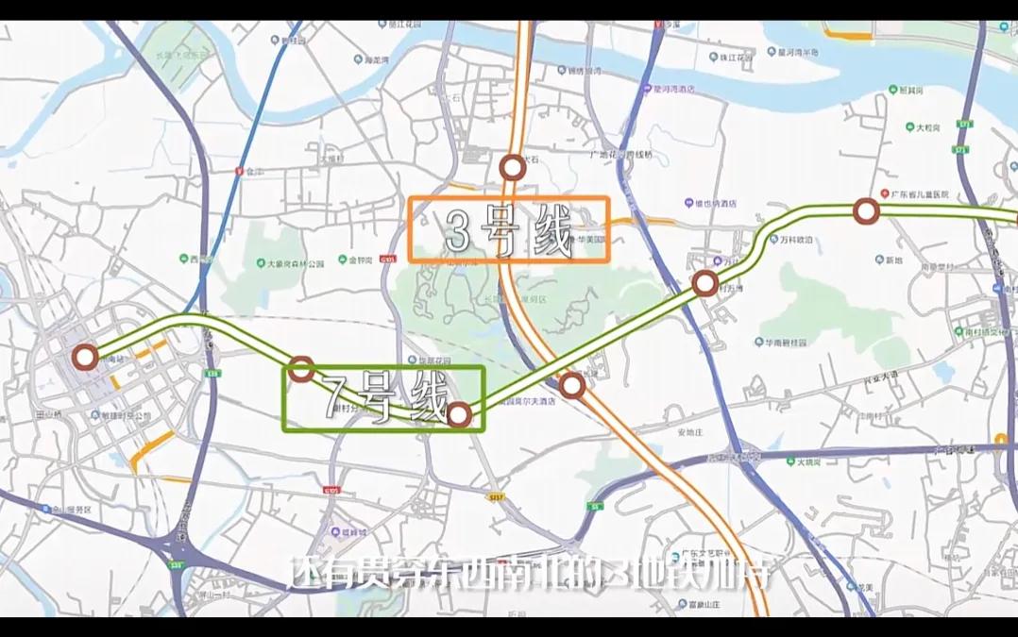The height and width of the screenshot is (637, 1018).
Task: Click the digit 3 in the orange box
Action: tap(456, 230)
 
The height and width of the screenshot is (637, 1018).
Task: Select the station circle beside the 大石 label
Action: tap(512, 168)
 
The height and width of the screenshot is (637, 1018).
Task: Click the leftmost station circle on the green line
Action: tap(85, 358)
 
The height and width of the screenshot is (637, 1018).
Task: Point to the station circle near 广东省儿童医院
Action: tap(865, 211)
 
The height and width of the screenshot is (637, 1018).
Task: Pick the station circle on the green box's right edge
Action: tap(459, 414)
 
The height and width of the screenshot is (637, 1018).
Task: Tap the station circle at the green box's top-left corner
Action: tap(301, 369)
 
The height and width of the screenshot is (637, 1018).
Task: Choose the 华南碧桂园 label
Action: tap(789, 342)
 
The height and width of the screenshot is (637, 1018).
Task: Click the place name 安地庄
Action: tap(691, 432)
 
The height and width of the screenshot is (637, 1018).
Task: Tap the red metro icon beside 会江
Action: tap(237, 171)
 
